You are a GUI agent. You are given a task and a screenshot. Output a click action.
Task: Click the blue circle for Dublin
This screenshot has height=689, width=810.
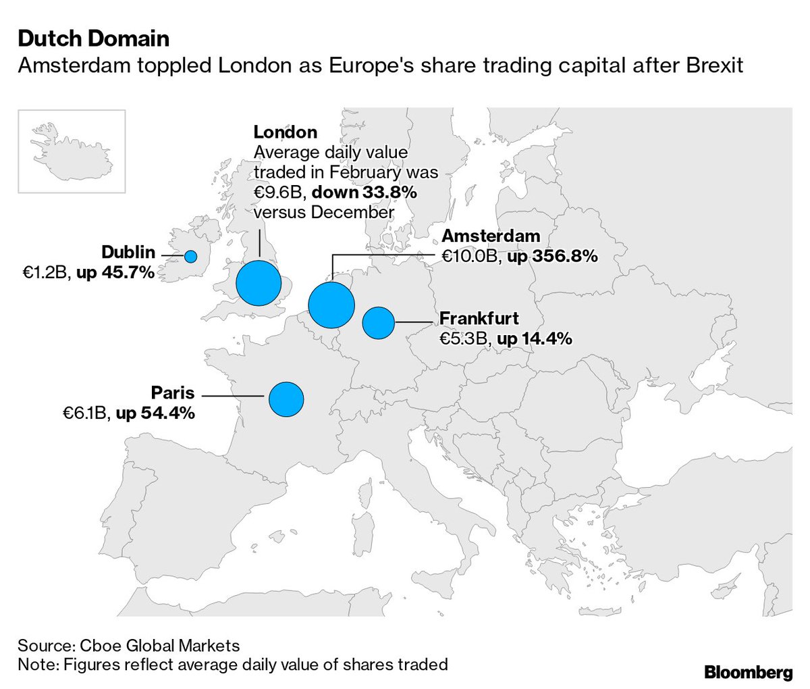(191, 257)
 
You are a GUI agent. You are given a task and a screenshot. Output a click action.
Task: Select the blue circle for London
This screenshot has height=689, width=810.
(259, 282)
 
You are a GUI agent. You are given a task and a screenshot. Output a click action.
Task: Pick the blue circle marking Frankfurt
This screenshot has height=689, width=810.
(378, 322)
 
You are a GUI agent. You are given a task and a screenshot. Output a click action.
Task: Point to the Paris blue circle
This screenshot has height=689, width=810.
(286, 399)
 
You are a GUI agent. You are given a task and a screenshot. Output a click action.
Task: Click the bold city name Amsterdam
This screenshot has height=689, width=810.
(491, 236)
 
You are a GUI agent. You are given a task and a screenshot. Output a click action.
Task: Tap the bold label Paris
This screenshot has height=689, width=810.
(173, 393)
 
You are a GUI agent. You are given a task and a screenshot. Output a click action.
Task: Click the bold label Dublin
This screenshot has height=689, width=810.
(128, 253)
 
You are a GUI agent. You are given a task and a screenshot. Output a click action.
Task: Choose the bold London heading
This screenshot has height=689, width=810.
(285, 132)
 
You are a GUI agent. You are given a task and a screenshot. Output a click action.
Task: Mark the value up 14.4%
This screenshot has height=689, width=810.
(535, 338)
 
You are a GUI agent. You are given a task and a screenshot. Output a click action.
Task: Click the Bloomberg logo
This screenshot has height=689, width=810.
(748, 672)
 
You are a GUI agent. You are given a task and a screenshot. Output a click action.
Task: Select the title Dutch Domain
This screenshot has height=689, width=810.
(94, 39)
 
